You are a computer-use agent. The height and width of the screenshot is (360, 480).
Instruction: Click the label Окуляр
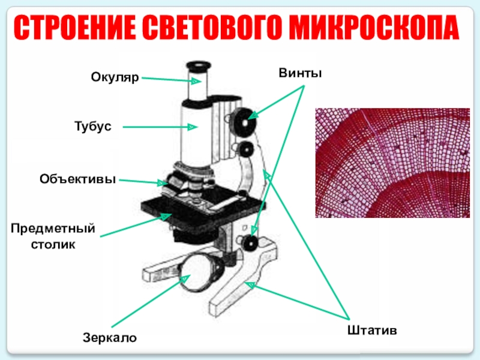pos(115,77)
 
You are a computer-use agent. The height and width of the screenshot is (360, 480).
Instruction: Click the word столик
pos(53,245)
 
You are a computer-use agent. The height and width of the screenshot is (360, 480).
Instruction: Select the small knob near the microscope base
pos(250,243)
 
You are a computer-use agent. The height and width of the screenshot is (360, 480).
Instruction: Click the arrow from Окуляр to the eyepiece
pos(164,79)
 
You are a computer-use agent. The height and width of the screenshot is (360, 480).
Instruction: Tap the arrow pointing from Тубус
pos(160,127)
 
